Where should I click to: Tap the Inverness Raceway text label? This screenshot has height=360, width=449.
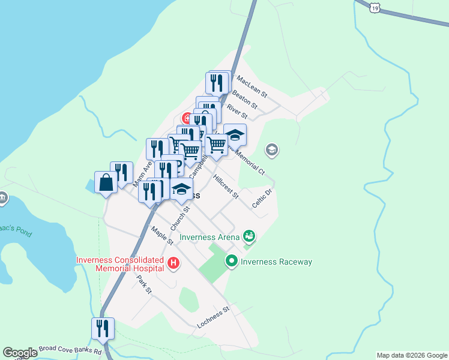[x=276, y=262]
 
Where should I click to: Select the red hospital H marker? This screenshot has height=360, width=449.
[x=173, y=263]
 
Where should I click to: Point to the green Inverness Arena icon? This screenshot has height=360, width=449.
[x=249, y=236]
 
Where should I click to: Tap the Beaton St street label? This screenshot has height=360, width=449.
[x=244, y=100]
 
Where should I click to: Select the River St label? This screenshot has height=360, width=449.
[x=237, y=111]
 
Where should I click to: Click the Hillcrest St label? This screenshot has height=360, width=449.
[x=226, y=187]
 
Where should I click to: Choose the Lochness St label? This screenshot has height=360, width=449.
[x=214, y=318]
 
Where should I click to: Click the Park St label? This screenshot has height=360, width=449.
[x=144, y=284]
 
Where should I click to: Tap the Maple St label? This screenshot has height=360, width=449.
[x=162, y=235]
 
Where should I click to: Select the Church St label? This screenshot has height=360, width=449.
[x=179, y=218]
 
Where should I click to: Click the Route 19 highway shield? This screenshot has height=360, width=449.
[x=375, y=7]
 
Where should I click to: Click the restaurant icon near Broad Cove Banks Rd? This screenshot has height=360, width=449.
[x=103, y=328]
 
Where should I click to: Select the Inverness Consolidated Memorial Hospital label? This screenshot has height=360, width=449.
[x=120, y=264]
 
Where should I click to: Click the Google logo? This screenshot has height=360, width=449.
[x=20, y=353]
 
